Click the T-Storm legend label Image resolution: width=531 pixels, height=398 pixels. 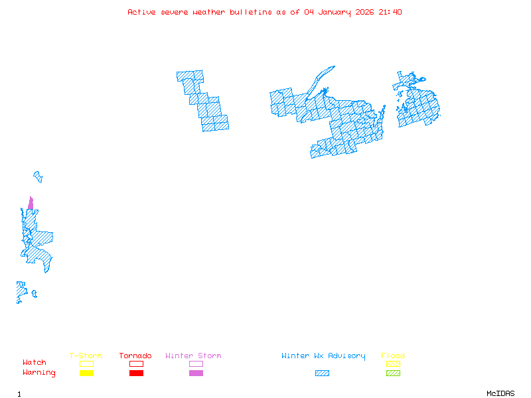[x=86, y=356]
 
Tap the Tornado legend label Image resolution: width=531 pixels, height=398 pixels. [x=135, y=356]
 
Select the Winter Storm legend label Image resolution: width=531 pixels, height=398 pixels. [x=193, y=356]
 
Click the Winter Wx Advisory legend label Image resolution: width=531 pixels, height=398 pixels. [x=323, y=356]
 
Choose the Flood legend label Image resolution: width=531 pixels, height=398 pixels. [x=393, y=356]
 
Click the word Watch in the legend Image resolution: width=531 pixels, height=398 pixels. [x=35, y=363]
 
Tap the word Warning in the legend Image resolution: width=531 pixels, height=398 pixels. [x=39, y=373]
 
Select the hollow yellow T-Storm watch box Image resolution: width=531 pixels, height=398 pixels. [x=86, y=364]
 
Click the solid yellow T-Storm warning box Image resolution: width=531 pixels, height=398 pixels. [x=86, y=373]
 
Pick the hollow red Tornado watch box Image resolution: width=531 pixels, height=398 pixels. [x=136, y=364]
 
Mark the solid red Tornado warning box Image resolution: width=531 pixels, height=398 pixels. [x=136, y=373]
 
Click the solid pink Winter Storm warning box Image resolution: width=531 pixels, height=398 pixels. [x=196, y=373]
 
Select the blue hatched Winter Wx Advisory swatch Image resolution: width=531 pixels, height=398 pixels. [x=322, y=373]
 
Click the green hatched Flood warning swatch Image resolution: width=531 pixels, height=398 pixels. [x=393, y=373]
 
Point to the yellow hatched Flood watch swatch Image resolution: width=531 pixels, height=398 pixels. [x=393, y=364]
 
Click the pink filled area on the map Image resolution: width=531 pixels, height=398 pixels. [x=31, y=204]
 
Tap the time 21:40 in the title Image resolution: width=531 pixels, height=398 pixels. [x=390, y=12]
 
